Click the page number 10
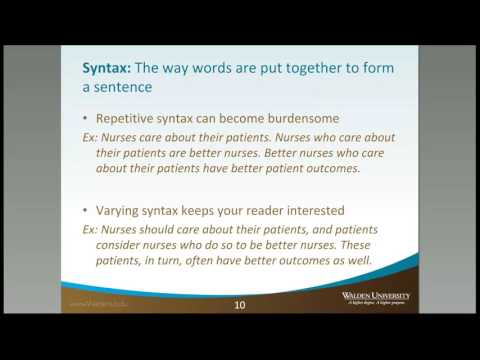pos(239,304)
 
